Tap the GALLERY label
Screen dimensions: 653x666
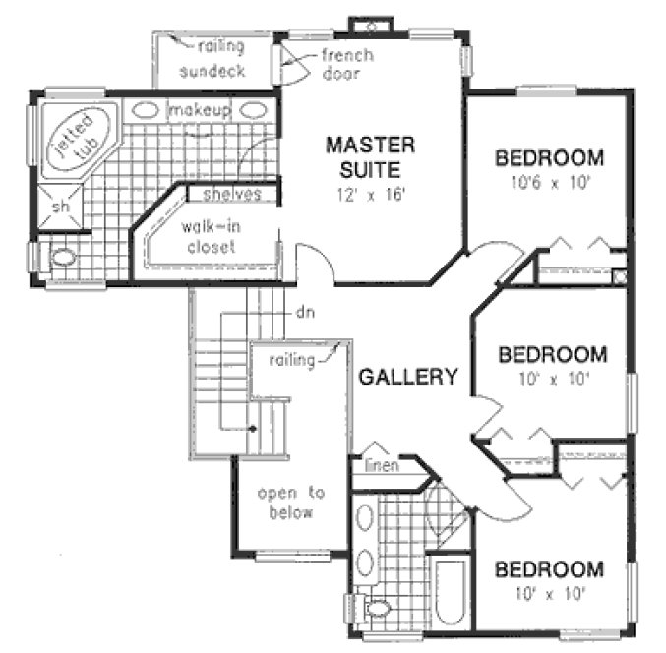pos(407,377)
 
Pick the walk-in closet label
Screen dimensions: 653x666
pos(208,237)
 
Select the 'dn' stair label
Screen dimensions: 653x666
pos(304,313)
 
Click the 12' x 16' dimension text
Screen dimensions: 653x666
pos(370,194)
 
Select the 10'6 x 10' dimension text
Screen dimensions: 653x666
pos(548,183)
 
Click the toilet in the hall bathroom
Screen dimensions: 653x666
pos(378,608)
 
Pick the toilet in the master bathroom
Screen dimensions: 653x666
pos(63,259)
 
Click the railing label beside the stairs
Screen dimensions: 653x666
pos(291,361)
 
